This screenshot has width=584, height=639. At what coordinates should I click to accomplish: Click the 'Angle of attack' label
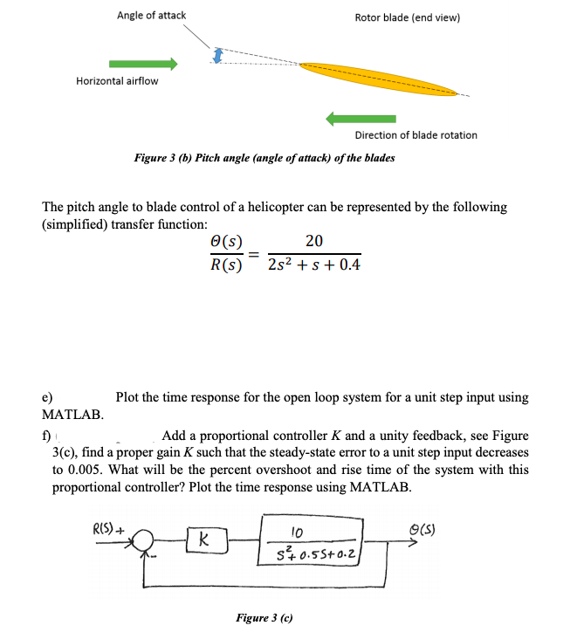tap(150, 16)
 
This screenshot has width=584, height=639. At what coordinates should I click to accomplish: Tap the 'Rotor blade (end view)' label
tap(408, 17)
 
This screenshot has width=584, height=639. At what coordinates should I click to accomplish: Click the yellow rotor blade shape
tap(380, 79)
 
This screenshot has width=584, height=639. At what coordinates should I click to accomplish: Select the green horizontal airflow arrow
tap(143, 64)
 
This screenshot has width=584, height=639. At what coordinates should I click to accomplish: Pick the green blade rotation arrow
tap(360, 118)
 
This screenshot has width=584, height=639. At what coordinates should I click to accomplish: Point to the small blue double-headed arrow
tap(218, 56)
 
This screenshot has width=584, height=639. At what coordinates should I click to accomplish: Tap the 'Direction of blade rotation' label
tap(416, 135)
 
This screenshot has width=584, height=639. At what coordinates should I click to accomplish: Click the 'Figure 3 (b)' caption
tap(264, 158)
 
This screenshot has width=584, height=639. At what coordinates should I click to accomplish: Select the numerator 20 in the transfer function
tap(315, 242)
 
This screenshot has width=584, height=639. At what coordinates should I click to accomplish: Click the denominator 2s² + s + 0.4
tap(316, 264)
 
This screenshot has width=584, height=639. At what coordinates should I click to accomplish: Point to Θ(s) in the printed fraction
tap(227, 243)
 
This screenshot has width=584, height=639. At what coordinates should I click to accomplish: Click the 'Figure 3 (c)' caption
tap(264, 617)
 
